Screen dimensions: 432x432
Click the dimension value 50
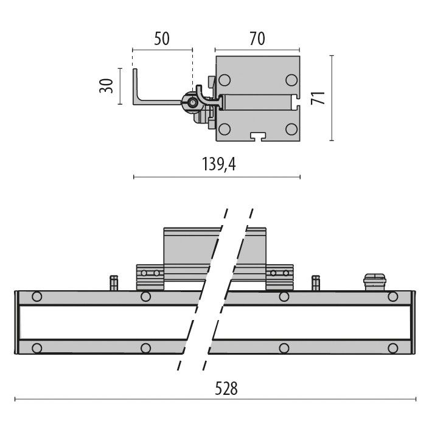pyautogui.click(x=161, y=39)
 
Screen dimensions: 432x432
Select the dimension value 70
pyautogui.click(x=257, y=39)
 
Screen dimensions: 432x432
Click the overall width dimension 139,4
pyautogui.click(x=218, y=164)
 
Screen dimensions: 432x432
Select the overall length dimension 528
pyautogui.click(x=225, y=388)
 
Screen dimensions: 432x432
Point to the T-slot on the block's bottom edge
pyautogui.click(x=257, y=136)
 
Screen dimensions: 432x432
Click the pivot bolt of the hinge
pyautogui.click(x=193, y=104)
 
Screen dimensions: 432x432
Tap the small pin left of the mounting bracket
pyautogui.click(x=113, y=283)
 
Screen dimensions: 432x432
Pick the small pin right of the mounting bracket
pyautogui.click(x=315, y=283)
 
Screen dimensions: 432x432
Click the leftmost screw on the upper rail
pyautogui.click(x=37, y=297)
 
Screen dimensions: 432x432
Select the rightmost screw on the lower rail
pyautogui.click(x=393, y=348)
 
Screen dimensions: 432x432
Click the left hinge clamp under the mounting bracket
pyautogui.click(x=150, y=277)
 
